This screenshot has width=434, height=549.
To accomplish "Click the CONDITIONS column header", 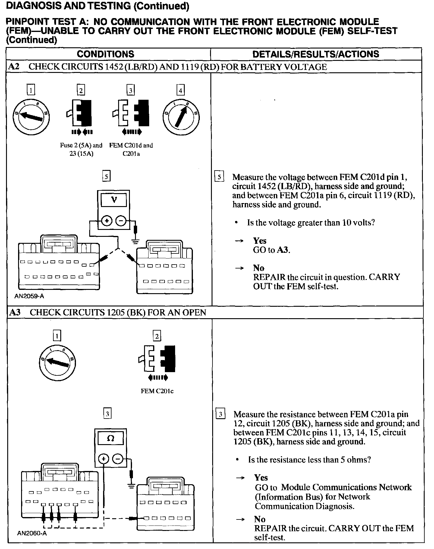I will pyautogui.click(x=105, y=54).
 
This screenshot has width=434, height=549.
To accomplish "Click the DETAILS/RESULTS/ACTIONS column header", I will pyautogui.click(x=316, y=54).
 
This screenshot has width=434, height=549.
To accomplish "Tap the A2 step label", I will pyautogui.click(x=14, y=67).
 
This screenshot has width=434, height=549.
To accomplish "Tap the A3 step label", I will pyautogui.click(x=15, y=312).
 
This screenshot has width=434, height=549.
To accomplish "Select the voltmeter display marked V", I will pyautogui.click(x=114, y=200).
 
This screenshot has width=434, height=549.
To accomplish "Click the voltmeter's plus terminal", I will pyautogui.click(x=106, y=221).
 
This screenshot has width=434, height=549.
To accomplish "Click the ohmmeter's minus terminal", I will pyautogui.click(x=118, y=459).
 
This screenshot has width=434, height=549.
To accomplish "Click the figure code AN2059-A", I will pyautogui.click(x=29, y=296).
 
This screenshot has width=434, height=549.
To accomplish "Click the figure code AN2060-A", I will pyautogui.click(x=32, y=533).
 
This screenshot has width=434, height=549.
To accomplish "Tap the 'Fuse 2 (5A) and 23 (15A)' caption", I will pyautogui.click(x=81, y=149).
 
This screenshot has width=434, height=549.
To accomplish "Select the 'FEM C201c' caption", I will pyautogui.click(x=157, y=391).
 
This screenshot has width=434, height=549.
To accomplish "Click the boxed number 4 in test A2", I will pyautogui.click(x=180, y=90).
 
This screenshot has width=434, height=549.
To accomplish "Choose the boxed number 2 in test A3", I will pyautogui.click(x=157, y=336).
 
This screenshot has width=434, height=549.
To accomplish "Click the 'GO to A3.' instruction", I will pyautogui.click(x=272, y=250).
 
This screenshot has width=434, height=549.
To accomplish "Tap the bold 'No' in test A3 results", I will pyautogui.click(x=260, y=519).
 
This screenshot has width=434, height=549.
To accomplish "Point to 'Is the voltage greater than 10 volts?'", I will pyautogui.click(x=311, y=223).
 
